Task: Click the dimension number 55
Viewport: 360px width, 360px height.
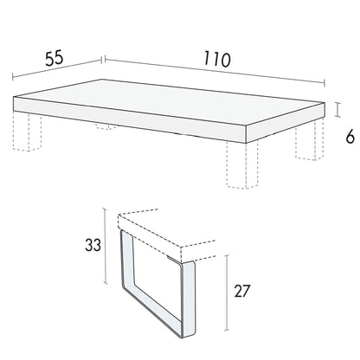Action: (x=55, y=58)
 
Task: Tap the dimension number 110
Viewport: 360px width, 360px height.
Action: (x=217, y=59)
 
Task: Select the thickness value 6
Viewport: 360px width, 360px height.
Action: (x=350, y=138)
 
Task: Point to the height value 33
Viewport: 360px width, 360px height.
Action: (x=93, y=245)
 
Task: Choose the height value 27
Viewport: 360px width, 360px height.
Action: (x=242, y=291)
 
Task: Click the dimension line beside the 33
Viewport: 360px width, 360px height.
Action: (x=106, y=246)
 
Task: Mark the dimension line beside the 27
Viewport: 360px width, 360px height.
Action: (x=228, y=292)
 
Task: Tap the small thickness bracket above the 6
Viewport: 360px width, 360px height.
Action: (x=337, y=110)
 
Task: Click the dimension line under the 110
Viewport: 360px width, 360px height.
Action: (x=215, y=71)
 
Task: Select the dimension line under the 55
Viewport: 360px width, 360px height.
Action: (x=57, y=68)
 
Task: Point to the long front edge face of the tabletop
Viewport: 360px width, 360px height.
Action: (x=130, y=119)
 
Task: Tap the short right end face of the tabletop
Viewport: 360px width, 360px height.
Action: (x=286, y=123)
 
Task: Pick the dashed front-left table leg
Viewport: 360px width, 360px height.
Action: (x=27, y=132)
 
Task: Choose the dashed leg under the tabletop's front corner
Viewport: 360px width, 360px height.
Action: (x=242, y=164)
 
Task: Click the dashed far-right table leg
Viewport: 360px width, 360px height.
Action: (x=310, y=140)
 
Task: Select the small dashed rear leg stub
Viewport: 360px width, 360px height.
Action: (x=106, y=125)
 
